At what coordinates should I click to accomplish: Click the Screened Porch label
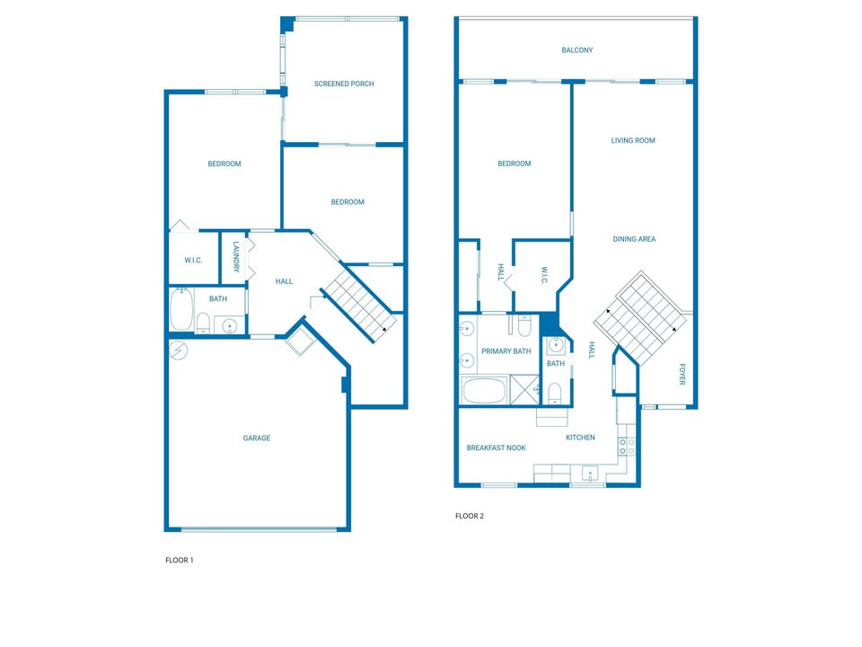click(x=344, y=84)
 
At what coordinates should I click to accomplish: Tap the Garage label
click(x=257, y=438)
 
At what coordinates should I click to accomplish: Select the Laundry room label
click(x=236, y=257)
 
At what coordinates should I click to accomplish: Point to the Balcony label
click(x=577, y=50)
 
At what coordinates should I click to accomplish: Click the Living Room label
click(x=633, y=140)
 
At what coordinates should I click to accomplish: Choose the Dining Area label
click(x=634, y=239)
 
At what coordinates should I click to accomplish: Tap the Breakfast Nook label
click(x=496, y=448)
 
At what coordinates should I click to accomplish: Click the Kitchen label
click(x=581, y=438)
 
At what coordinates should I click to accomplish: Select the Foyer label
click(x=682, y=374)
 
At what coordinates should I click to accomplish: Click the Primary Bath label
click(x=506, y=351)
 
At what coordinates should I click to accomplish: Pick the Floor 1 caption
click(x=180, y=560)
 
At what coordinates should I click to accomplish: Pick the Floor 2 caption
click(x=470, y=516)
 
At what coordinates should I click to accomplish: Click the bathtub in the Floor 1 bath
click(x=181, y=310)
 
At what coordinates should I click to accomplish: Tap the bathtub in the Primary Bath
click(x=484, y=391)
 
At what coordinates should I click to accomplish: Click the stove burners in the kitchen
click(x=627, y=447)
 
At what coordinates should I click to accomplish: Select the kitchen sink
click(x=591, y=474)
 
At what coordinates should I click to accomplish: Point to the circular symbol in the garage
click(x=178, y=350)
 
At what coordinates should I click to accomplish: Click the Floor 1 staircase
click(x=358, y=305)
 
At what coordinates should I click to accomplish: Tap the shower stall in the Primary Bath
click(x=525, y=389)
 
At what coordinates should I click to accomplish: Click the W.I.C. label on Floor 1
click(x=193, y=261)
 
